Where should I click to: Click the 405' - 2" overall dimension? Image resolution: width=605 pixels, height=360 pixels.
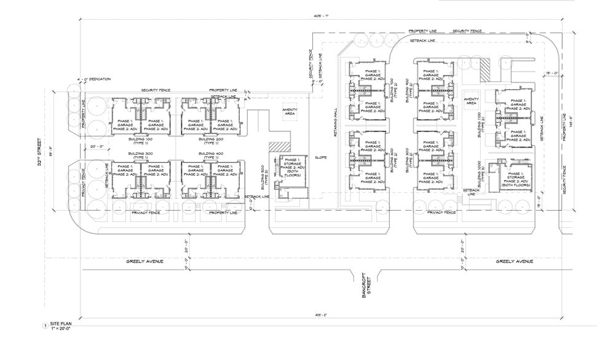318,315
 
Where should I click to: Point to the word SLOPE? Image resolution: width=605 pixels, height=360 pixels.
320,157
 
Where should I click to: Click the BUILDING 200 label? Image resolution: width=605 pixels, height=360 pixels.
210,140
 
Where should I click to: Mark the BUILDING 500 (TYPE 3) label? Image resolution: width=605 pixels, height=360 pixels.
263,179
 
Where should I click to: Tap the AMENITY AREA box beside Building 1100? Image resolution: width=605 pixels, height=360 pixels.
472,101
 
